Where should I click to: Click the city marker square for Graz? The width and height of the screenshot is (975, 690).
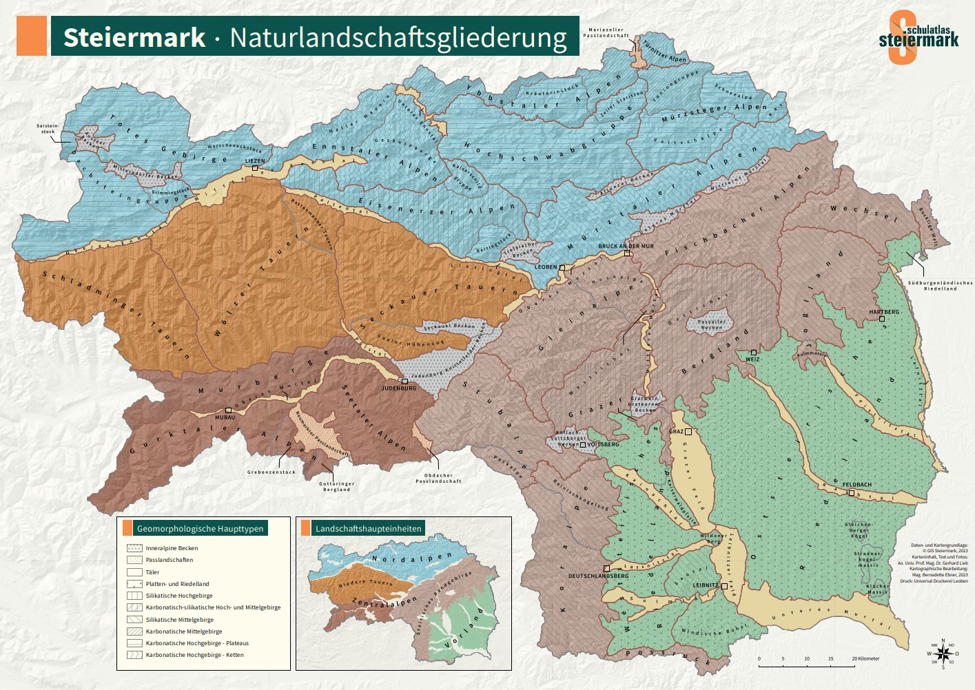[x=688, y=432]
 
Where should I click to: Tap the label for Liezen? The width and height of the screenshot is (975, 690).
[x=254, y=161]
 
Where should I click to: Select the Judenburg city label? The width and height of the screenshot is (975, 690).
[x=399, y=388]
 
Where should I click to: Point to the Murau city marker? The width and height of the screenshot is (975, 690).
[x=228, y=410]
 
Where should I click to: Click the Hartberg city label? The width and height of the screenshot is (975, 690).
[x=884, y=312]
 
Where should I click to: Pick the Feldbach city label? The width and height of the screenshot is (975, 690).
[x=856, y=485]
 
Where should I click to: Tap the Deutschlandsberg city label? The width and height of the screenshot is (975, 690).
[x=598, y=576]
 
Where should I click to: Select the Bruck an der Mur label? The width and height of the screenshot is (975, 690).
[x=626, y=246]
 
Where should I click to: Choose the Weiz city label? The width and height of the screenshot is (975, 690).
[x=752, y=359]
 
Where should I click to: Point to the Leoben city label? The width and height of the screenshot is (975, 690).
[x=546, y=267]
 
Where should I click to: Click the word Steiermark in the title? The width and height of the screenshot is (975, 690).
[x=134, y=37]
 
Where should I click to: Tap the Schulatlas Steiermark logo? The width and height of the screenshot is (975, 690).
[x=918, y=37]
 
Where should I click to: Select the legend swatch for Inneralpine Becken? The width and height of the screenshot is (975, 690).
[x=134, y=548]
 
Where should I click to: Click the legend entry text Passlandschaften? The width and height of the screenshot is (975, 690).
[x=170, y=560]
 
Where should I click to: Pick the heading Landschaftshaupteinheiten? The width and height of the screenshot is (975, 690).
[x=368, y=528]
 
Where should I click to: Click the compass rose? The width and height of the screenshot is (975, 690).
[x=943, y=654]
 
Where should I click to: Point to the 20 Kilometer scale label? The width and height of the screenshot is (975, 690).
[x=865, y=658]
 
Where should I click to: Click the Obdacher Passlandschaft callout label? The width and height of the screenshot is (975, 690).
[x=438, y=478]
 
